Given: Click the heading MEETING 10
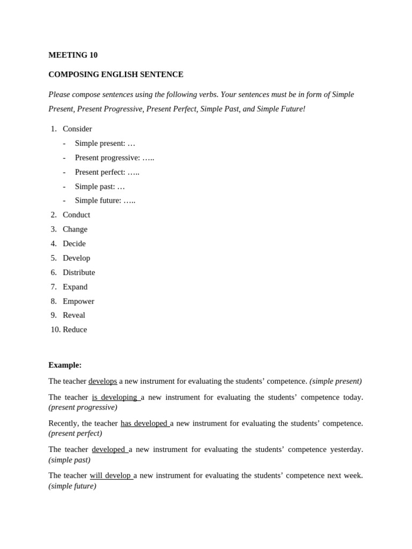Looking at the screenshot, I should (73, 55).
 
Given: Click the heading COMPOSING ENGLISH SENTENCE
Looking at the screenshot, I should (116, 75).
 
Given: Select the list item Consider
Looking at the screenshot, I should (77, 129).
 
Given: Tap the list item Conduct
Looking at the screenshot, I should (76, 214).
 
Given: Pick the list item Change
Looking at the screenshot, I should (75, 229).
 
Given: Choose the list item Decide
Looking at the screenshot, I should (74, 243).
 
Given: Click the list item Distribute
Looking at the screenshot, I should (79, 272).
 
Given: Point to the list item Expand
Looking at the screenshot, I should (75, 287).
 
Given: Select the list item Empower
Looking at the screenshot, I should (78, 301).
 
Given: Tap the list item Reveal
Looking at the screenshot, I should (74, 315).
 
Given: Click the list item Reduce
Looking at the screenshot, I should (75, 330).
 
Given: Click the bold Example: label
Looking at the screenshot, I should (65, 365).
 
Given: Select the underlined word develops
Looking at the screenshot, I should (102, 381).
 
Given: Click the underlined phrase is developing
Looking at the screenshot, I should (115, 397).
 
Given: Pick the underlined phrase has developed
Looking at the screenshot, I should (144, 424).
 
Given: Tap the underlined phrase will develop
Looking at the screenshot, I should (110, 476).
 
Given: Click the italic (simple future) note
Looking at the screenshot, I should (72, 486).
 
